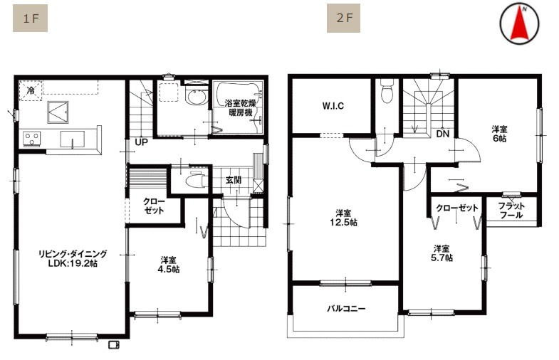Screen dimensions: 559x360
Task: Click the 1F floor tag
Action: pos(31,18)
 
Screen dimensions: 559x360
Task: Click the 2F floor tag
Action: pos(343,18)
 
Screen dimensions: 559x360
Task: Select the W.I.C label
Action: pos(333,106)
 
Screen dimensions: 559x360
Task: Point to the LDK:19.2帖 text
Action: pos(73,263)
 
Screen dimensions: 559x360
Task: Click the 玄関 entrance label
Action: pos(234,180)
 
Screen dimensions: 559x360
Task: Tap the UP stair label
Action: pos(141,142)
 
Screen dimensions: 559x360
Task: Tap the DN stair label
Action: pos(443,134)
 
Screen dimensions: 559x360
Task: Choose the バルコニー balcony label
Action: pos(346,308)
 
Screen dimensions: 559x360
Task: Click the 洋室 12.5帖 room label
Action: pos(343,218)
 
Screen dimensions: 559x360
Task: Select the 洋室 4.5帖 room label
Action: pos(168,265)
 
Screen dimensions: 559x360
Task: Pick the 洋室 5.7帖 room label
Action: pos(442,253)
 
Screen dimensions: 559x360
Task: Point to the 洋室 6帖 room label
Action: pos(499,134)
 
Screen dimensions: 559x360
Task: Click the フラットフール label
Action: pos(511,211)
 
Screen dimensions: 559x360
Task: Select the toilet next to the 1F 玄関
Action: pos(195,180)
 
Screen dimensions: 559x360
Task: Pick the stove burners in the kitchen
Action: pos(32,139)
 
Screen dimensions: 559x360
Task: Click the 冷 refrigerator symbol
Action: pos(31,90)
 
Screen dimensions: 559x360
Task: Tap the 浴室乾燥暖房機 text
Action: pos(240,108)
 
